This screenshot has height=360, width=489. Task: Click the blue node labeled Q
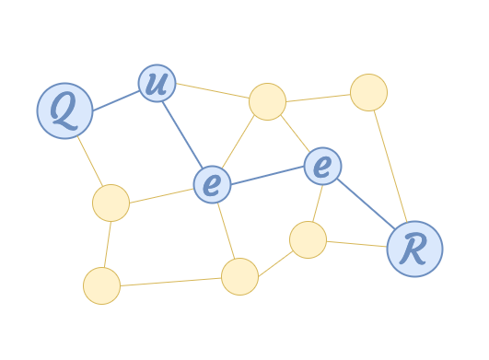pyautogui.click(x=64, y=110)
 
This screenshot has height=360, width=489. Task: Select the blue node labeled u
pyautogui.click(x=157, y=83)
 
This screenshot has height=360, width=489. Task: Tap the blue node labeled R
pyautogui.click(x=414, y=249)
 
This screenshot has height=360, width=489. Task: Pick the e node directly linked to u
pyautogui.click(x=212, y=184)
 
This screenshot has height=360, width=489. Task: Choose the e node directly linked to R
pyautogui.click(x=322, y=166)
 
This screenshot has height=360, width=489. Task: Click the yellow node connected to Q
pyautogui.click(x=111, y=203)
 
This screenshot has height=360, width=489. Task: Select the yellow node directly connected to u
pyautogui.click(x=267, y=101)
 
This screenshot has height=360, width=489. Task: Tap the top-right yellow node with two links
pyautogui.click(x=368, y=92)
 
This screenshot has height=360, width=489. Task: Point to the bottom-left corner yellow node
pyautogui.click(x=101, y=285)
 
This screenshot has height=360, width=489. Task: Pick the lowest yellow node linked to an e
pyautogui.click(x=239, y=276)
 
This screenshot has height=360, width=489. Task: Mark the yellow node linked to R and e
pyautogui.click(x=308, y=239)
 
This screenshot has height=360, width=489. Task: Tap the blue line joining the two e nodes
pyautogui.click(x=267, y=175)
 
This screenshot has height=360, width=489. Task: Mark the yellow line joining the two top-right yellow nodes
pyautogui.click(x=318, y=97)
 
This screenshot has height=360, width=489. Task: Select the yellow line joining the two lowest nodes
pyautogui.click(x=170, y=281)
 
